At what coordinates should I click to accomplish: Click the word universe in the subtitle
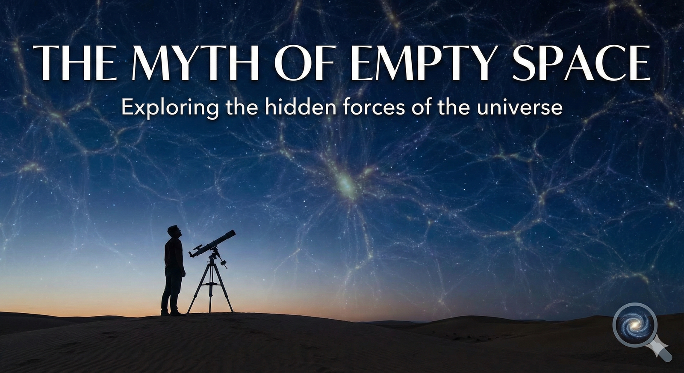pos(519,107)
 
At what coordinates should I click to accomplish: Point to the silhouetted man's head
pos(174,232)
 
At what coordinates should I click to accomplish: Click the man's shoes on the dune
pos(171,313)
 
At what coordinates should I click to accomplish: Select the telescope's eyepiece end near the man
pos(192,254)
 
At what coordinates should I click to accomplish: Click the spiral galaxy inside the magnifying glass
pos(635,325)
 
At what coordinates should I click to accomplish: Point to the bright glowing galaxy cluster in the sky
pos(345,184)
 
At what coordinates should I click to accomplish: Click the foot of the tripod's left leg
pos(189,311)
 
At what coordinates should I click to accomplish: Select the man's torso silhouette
pos(174,253)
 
